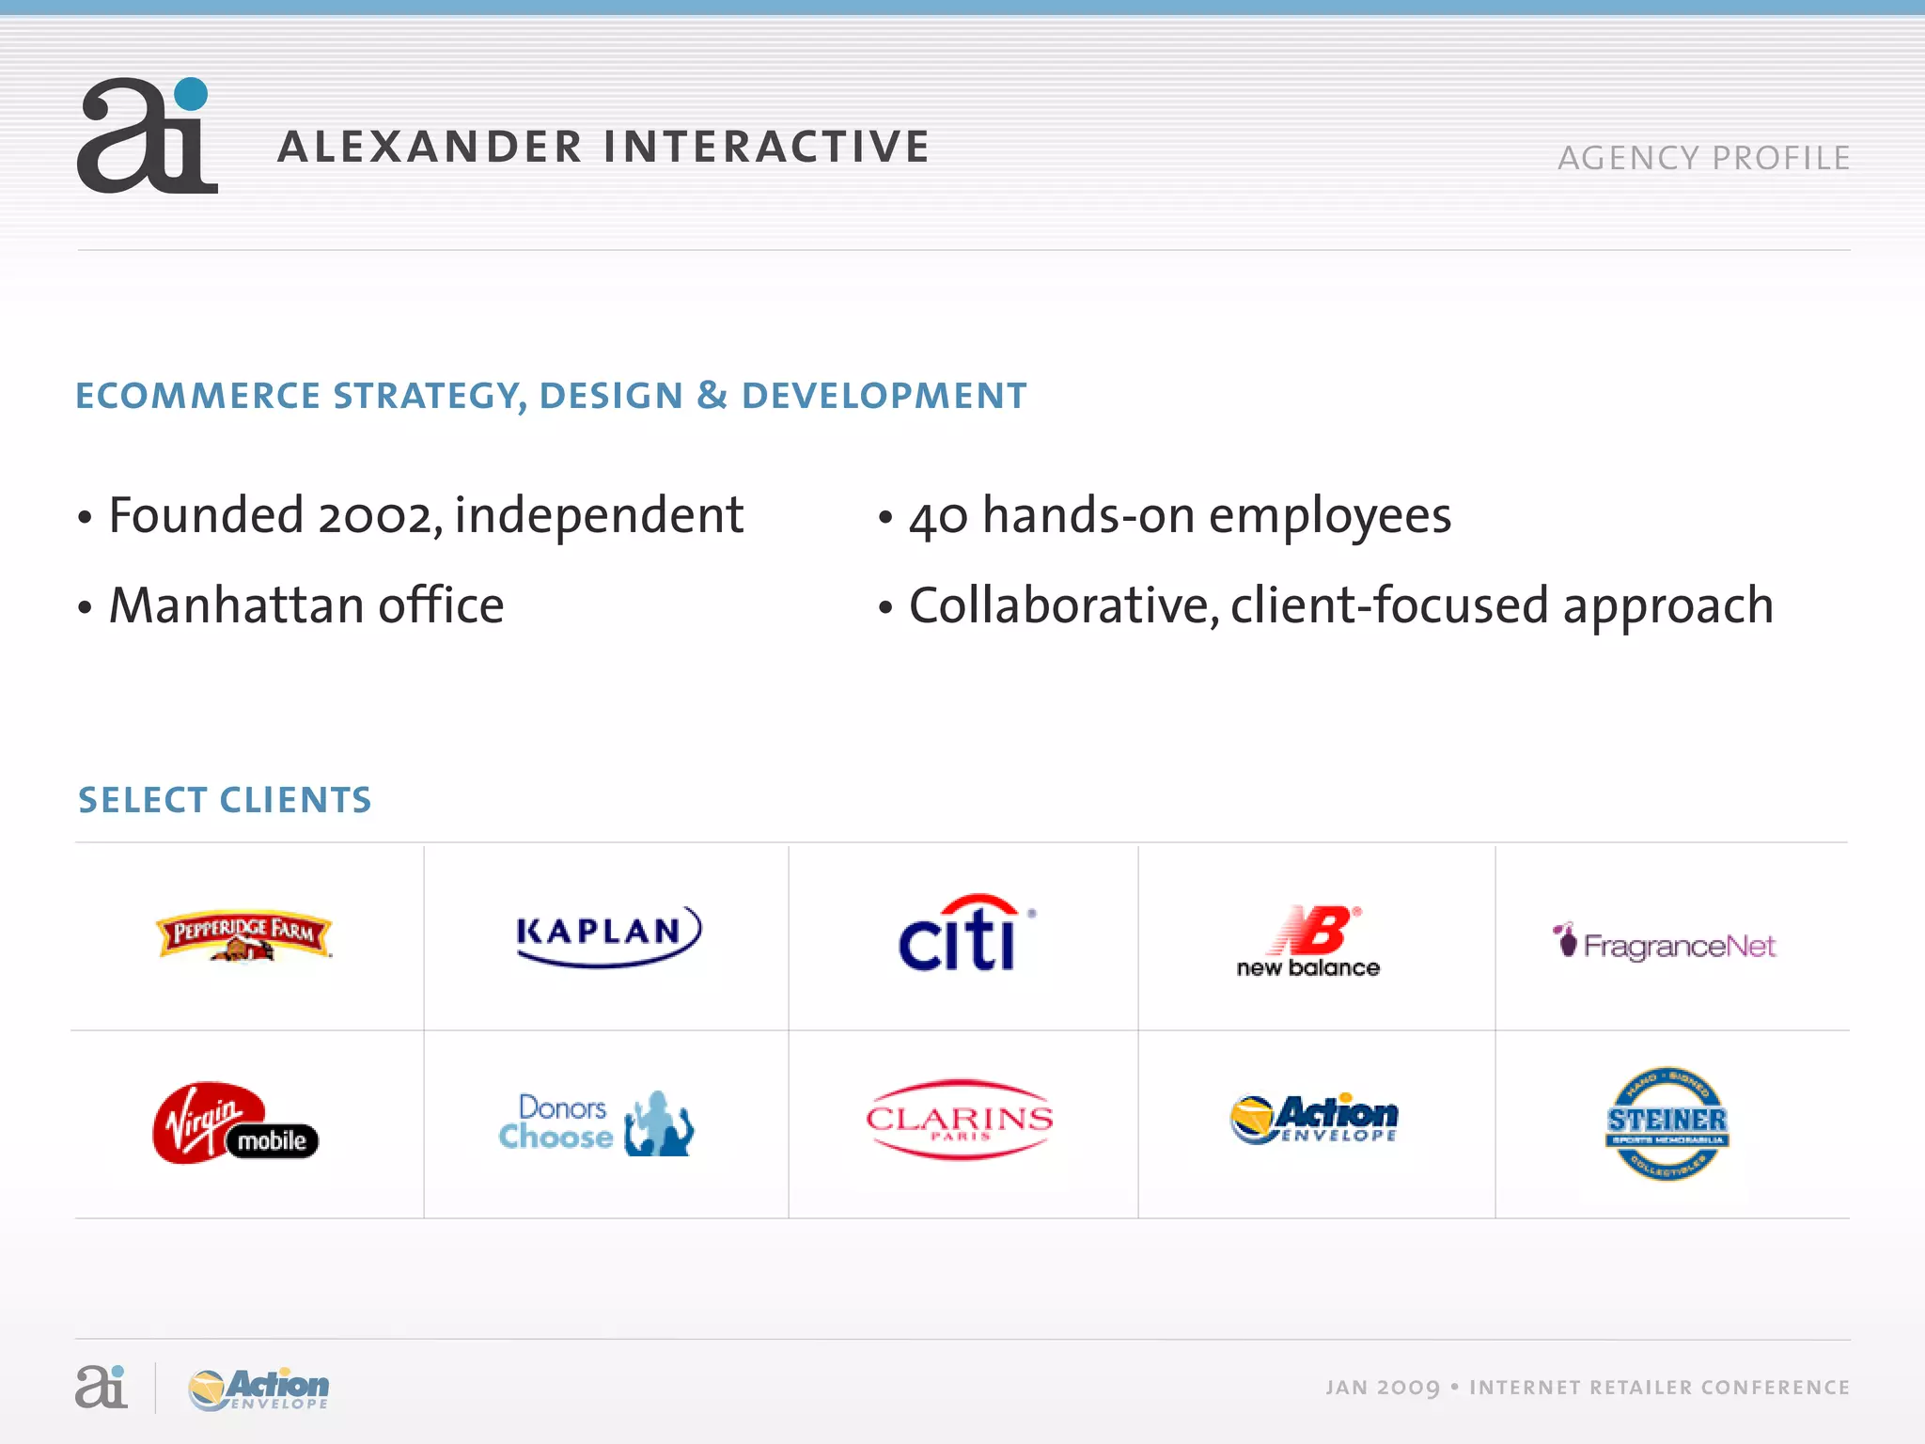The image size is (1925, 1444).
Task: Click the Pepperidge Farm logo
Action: pyautogui.click(x=244, y=935)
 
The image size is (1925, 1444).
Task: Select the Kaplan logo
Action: pyautogui.click(x=608, y=934)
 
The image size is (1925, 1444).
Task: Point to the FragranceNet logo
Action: pyautogui.click(x=1665, y=943)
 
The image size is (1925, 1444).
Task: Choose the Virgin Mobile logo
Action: pyautogui.click(x=235, y=1123)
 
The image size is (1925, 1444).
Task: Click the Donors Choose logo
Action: pyautogui.click(x=597, y=1123)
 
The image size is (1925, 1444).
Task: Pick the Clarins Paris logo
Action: pyautogui.click(x=960, y=1120)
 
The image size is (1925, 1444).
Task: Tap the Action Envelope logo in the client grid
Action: pyautogui.click(x=1315, y=1119)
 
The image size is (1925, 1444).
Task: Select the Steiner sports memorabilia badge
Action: pyautogui.click(x=1667, y=1122)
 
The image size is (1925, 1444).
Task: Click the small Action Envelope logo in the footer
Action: pyautogui.click(x=259, y=1389)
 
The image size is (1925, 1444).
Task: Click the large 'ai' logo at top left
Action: pyautogui.click(x=148, y=137)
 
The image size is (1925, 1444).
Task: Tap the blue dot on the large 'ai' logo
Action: pyautogui.click(x=192, y=94)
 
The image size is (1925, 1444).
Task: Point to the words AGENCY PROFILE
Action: pyautogui.click(x=1703, y=158)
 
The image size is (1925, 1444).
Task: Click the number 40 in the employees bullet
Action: pyautogui.click(x=937, y=517)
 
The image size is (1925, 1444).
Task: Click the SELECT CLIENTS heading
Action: pyautogui.click(x=225, y=800)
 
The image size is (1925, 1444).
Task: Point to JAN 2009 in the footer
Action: pyautogui.click(x=1382, y=1388)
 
